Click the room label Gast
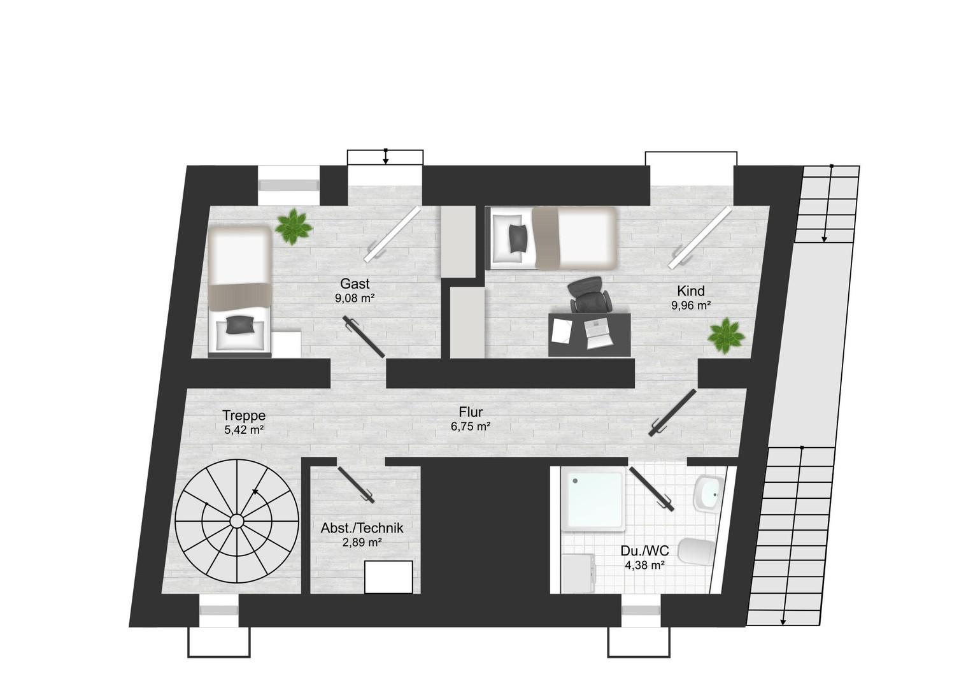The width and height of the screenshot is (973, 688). pos(355,284)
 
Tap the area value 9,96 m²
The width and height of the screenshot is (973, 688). pos(691,306)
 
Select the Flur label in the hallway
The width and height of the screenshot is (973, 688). pos(471,412)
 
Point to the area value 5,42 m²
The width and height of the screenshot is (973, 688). pos(244,430)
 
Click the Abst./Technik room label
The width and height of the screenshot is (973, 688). pos(362,528)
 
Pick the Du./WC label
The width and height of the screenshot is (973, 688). pos(644,550)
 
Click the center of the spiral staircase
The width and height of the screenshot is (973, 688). pos(237,520)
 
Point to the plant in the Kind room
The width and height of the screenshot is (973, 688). pos(726,336)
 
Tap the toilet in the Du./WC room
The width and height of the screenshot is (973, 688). pos(696,552)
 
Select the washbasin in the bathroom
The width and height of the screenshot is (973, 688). pos(709,494)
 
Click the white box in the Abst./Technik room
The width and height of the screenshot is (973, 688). pos(388,577)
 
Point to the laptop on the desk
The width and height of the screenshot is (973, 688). pos(599,334)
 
